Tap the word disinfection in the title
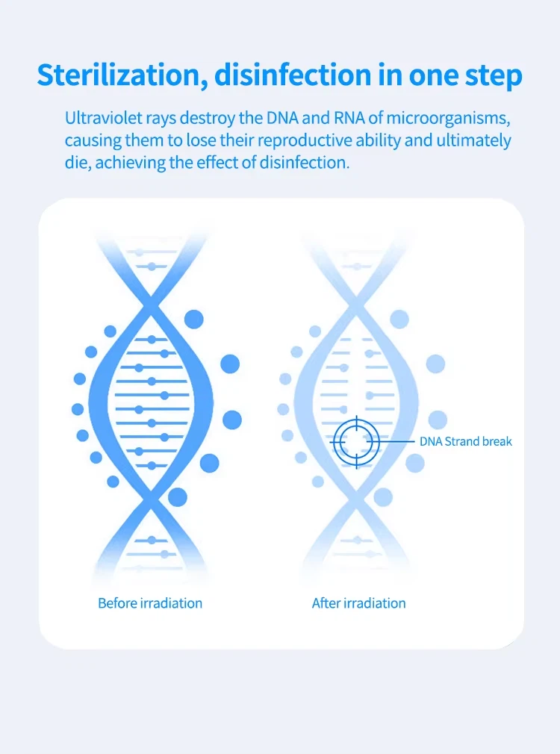[293, 75]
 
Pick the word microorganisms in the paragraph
[448, 119]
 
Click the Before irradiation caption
[150, 603]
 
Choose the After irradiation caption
[359, 603]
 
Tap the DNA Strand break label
[466, 441]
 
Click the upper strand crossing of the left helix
[151, 304]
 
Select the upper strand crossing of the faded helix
[356, 304]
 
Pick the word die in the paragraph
[77, 163]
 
